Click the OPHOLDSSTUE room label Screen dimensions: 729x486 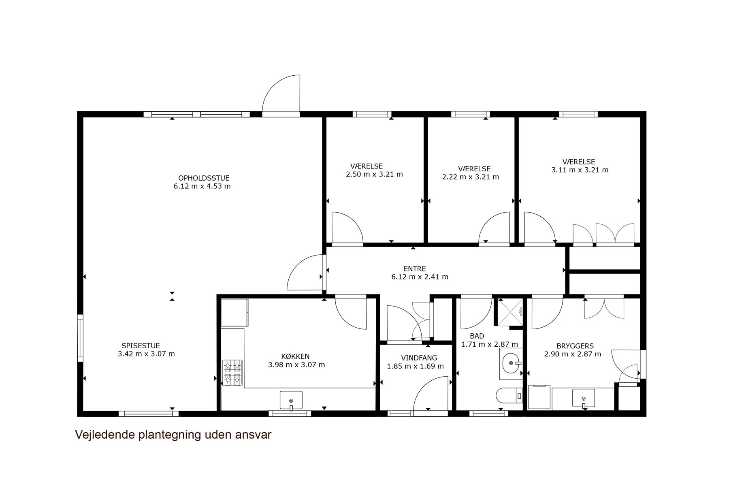(204, 178)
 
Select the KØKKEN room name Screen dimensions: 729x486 (295, 356)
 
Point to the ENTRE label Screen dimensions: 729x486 (415, 269)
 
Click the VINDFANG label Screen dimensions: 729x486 (419, 358)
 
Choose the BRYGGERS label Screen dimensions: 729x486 (575, 346)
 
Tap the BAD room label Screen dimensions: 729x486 (477, 336)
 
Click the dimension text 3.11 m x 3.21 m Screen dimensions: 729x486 (580, 170)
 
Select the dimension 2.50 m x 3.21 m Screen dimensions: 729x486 (375, 175)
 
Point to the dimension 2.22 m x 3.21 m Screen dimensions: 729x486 (471, 177)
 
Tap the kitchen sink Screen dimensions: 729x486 (291, 400)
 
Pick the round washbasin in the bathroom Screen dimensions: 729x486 (511, 363)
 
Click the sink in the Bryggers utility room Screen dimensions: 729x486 (584, 398)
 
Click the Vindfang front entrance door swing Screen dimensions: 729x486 (431, 394)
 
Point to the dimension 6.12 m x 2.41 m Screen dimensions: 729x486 (420, 277)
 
